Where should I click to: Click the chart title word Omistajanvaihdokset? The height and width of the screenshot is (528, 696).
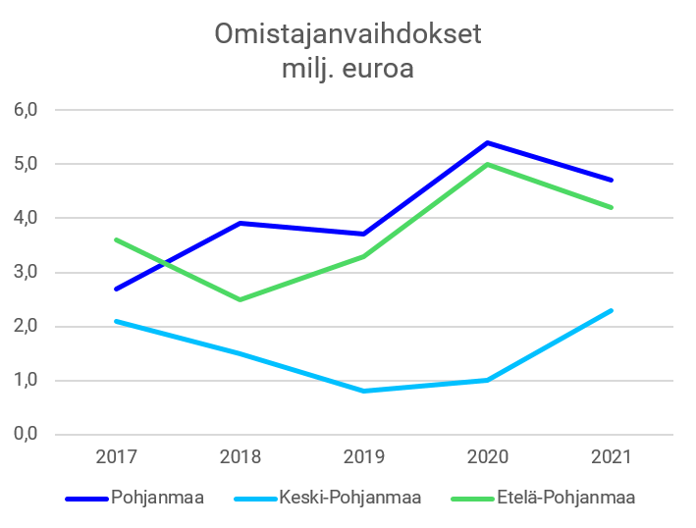pyautogui.click(x=348, y=35)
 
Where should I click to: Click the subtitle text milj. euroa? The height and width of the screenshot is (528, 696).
pyautogui.click(x=348, y=71)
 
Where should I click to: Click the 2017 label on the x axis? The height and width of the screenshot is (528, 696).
pyautogui.click(x=117, y=457)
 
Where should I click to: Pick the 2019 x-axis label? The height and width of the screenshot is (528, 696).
pyautogui.click(x=364, y=457)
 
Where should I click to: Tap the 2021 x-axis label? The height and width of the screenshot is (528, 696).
pyautogui.click(x=612, y=457)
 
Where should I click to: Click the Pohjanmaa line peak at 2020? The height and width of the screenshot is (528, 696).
pyautogui.click(x=488, y=141)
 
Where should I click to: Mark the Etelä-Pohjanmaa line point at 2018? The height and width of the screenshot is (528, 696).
pyautogui.click(x=241, y=299)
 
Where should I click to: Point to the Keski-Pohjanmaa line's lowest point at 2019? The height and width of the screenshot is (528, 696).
pyautogui.click(x=364, y=391)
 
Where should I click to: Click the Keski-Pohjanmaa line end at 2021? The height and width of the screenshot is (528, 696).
pyautogui.click(x=612, y=310)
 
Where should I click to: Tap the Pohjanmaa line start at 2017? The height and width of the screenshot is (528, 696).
pyautogui.click(x=117, y=289)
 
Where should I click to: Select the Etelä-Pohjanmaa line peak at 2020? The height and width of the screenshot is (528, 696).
pyautogui.click(x=488, y=164)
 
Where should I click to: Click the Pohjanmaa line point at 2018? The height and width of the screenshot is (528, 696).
pyautogui.click(x=241, y=223)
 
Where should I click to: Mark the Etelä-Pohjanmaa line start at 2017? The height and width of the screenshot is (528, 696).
pyautogui.click(x=117, y=239)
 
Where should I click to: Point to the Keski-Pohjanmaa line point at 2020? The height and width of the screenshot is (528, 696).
pyautogui.click(x=488, y=380)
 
